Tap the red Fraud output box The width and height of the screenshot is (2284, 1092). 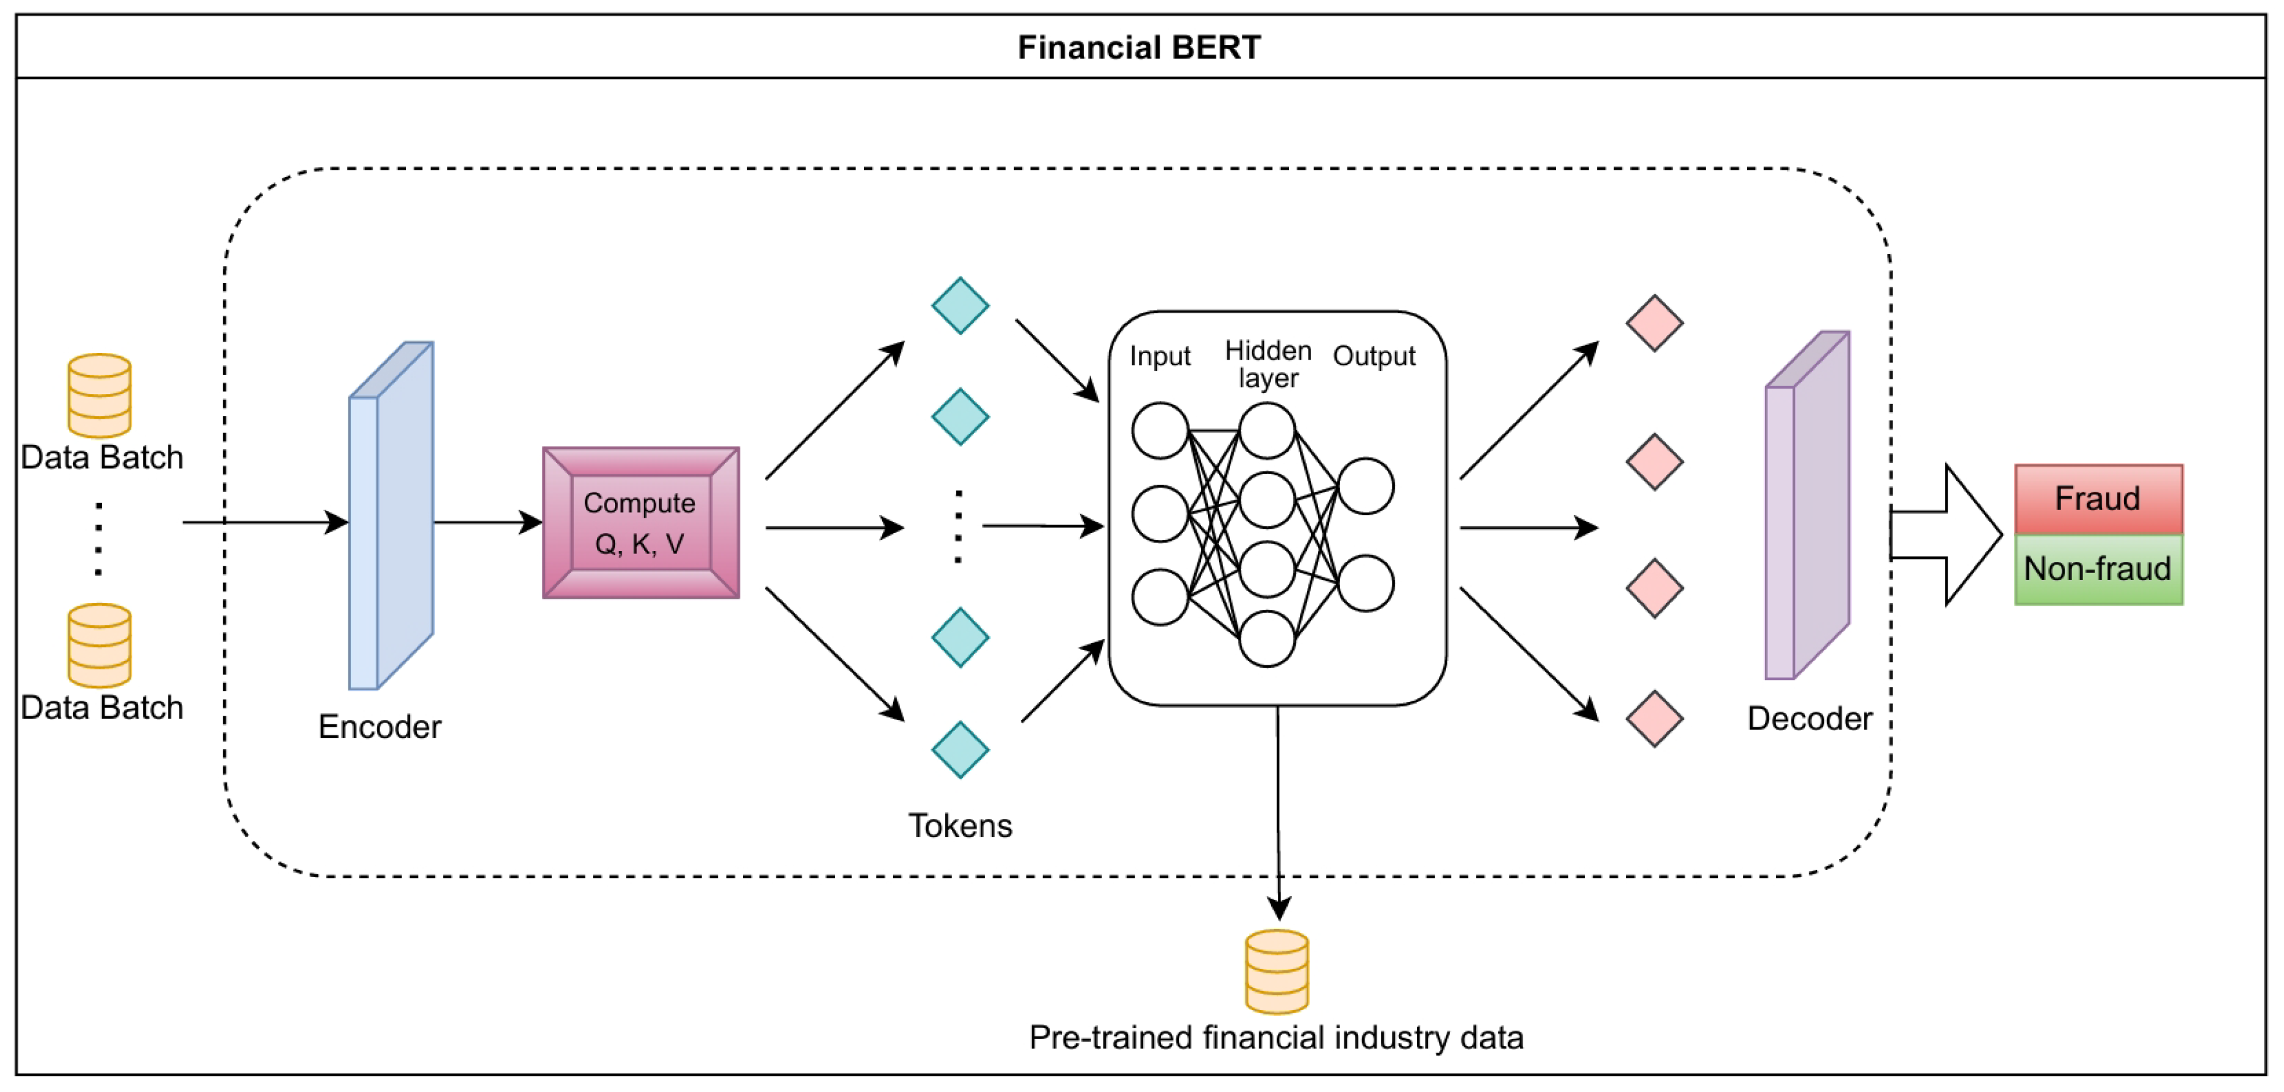point(2098,499)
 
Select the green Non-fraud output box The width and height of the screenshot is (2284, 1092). point(2098,569)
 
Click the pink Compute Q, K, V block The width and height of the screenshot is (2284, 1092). point(640,523)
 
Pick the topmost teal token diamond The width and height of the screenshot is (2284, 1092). point(959,306)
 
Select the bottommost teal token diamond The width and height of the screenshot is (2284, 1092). point(959,750)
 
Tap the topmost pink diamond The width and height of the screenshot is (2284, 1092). point(1654,323)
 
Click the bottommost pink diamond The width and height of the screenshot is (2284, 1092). point(1654,719)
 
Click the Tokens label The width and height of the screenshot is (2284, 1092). point(959,826)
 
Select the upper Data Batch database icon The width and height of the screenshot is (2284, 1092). point(99,395)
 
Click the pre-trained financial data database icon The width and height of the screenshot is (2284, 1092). point(1277,971)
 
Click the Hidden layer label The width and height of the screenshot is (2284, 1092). point(1268,364)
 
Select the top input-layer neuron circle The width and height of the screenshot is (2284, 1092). point(1160,431)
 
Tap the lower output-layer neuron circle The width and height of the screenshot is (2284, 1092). point(1365,584)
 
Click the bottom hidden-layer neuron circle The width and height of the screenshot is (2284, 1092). point(1267,638)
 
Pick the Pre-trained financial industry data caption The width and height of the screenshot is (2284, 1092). point(1276,1038)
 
